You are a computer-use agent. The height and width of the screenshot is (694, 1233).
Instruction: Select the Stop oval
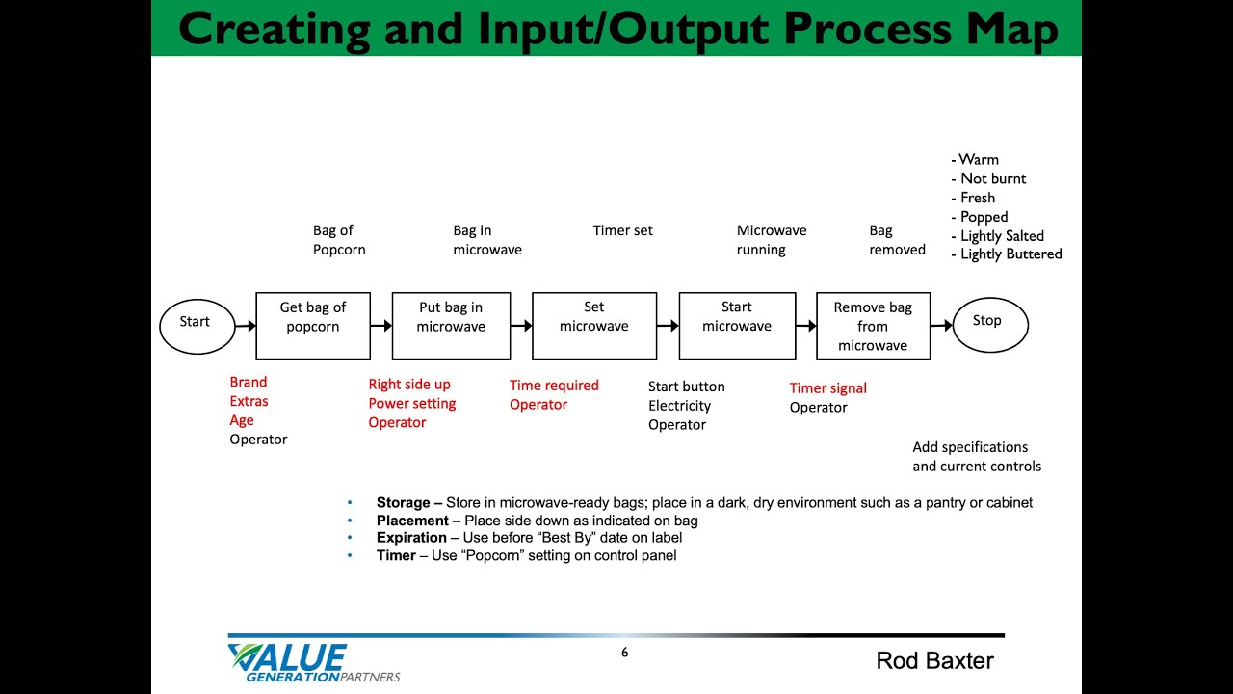pos(989,325)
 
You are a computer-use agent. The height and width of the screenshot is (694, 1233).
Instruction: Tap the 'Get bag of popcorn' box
pos(313,326)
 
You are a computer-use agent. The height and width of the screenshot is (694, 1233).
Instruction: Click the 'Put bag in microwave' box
pos(451,326)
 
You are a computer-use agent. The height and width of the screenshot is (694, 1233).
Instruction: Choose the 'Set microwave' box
pos(594,326)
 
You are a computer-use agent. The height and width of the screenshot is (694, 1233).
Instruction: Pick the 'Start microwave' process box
pos(737,326)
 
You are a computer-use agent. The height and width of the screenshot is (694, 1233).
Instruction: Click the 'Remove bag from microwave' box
pos(873,326)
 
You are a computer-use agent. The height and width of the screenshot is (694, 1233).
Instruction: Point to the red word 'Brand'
pos(249,383)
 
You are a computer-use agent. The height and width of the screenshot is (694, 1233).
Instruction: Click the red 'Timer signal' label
pos(828,388)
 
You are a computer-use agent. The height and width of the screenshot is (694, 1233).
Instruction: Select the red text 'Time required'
pos(554,386)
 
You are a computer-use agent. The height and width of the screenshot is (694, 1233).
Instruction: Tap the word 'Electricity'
pos(679,406)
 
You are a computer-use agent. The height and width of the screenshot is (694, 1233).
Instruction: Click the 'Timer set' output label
pos(622,230)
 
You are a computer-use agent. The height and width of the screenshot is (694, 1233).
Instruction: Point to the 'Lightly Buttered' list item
pos(1010,254)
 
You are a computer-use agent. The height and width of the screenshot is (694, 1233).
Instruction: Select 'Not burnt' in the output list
pos(993,178)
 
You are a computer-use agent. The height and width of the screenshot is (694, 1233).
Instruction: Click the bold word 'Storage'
pos(403,503)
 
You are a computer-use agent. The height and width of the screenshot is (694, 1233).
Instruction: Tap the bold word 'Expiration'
pos(411,538)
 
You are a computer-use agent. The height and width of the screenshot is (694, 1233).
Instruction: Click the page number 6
pos(624,653)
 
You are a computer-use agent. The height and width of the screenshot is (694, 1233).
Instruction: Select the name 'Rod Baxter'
pos(934,660)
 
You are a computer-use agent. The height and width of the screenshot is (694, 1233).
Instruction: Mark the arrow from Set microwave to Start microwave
pos(668,326)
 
